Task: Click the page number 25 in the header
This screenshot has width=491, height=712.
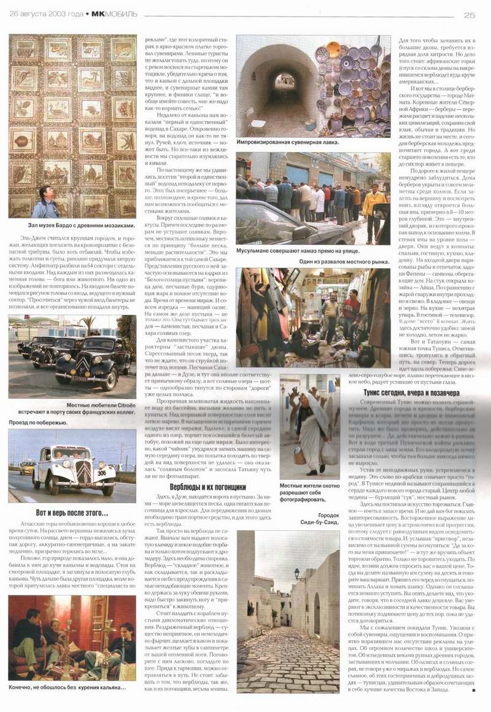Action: click(471, 15)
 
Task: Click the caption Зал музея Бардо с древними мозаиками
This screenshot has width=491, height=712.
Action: click(72, 226)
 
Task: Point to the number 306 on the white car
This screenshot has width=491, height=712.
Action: click(101, 473)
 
